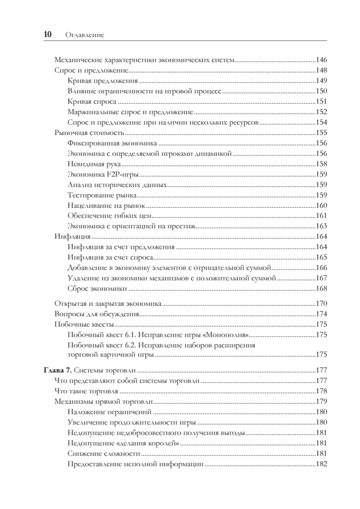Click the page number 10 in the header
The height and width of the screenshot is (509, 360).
(47, 35)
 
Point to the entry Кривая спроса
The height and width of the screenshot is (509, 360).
(91, 101)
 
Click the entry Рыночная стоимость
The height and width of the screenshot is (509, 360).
(87, 132)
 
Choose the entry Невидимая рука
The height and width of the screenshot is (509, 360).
(94, 163)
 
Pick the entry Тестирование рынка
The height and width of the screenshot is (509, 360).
(102, 195)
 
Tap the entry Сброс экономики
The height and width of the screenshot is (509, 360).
(97, 288)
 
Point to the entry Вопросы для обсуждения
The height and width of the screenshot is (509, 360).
(97, 314)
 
